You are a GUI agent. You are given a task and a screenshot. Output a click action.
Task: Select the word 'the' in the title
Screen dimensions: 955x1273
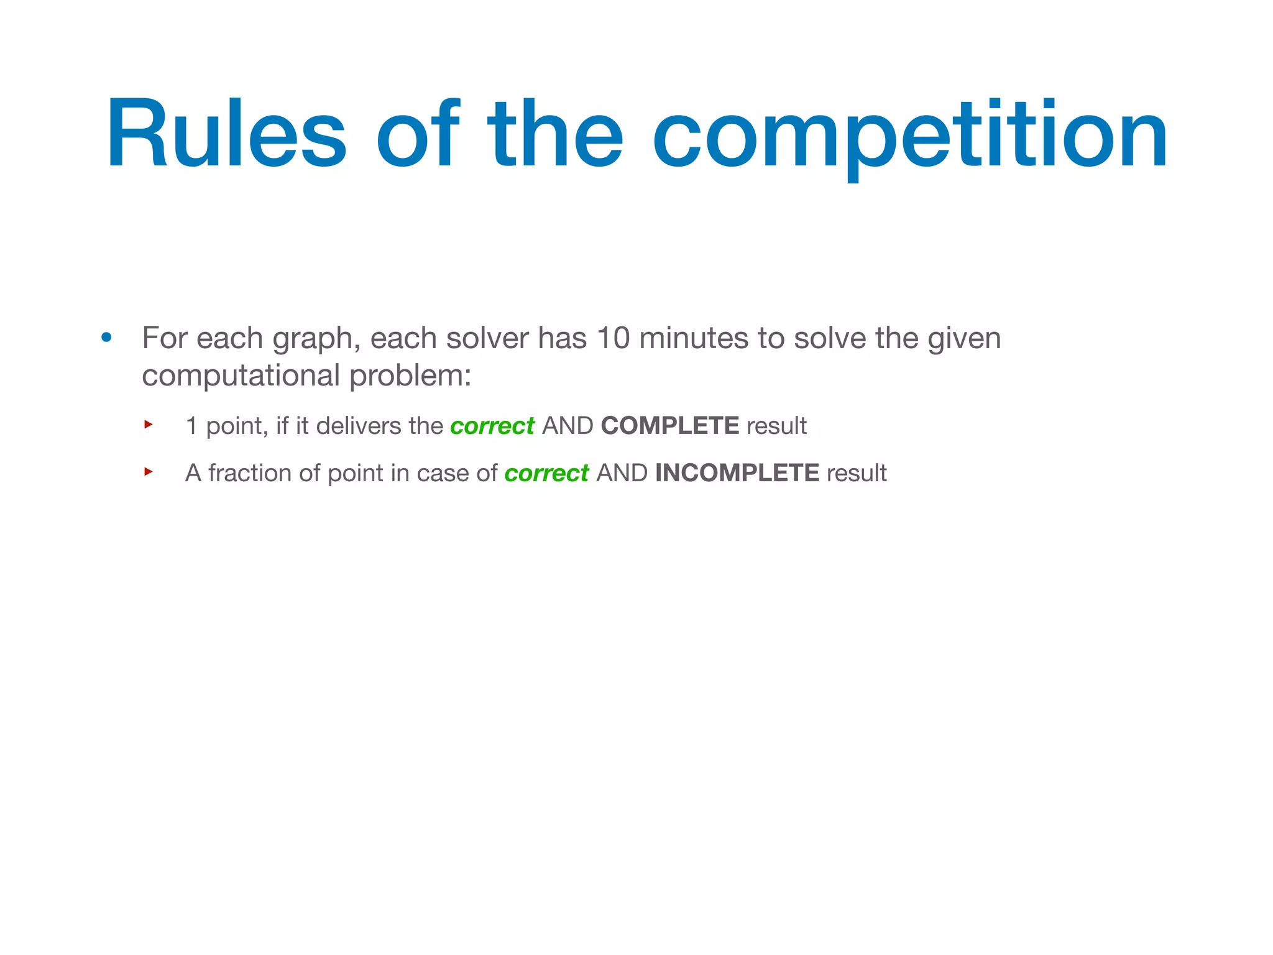pos(554,134)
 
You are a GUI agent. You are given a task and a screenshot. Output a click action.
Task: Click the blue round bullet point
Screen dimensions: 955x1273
pos(107,338)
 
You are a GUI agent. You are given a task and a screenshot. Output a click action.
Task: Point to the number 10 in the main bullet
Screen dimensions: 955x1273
pos(613,339)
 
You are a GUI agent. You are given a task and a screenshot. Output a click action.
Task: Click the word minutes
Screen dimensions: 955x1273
pos(694,339)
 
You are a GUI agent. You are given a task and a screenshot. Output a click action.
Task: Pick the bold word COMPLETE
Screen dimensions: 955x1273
pos(670,427)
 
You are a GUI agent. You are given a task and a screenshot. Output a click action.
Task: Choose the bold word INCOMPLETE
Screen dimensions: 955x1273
pos(737,474)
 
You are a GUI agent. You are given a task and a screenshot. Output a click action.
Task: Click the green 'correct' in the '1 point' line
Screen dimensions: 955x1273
pos(492,427)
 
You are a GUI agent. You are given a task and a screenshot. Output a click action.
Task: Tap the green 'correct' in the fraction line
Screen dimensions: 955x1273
pos(546,474)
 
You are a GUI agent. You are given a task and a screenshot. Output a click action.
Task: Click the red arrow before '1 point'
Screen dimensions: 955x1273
pos(149,425)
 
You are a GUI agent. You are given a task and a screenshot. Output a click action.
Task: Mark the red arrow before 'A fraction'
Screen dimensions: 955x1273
pos(149,472)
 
